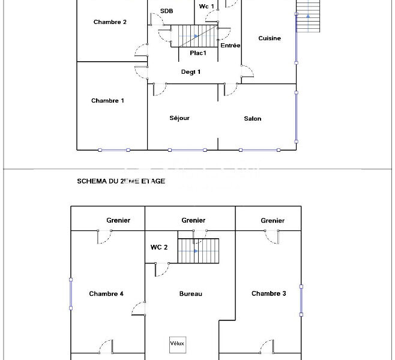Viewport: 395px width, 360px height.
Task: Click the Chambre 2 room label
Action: pyautogui.click(x=110, y=22)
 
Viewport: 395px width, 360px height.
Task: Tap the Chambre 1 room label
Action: pyautogui.click(x=107, y=101)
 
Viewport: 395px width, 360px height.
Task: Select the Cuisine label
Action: pyautogui.click(x=270, y=38)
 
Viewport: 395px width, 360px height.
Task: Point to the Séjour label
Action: pyautogui.click(x=179, y=118)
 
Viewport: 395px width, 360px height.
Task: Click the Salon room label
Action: pyautogui.click(x=252, y=119)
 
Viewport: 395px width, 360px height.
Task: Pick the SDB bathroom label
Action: pyautogui.click(x=166, y=11)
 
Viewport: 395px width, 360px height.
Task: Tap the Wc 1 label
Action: pyautogui.click(x=207, y=7)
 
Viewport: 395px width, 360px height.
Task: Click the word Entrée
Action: pyautogui.click(x=231, y=46)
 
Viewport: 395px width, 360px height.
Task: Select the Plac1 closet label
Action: pyautogui.click(x=198, y=53)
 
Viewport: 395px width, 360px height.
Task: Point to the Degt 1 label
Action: pyautogui.click(x=191, y=72)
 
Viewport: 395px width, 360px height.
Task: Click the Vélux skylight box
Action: pyautogui.click(x=178, y=344)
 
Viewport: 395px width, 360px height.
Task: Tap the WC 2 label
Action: pyautogui.click(x=159, y=247)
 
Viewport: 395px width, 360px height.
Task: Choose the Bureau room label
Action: pyautogui.click(x=191, y=294)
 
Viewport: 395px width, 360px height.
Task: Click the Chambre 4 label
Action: pyautogui.click(x=106, y=294)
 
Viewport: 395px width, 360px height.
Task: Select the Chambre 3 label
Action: pyautogui.click(x=269, y=293)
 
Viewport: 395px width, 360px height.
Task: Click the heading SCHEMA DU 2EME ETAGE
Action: pyautogui.click(x=121, y=181)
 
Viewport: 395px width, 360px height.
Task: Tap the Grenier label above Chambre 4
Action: pyautogui.click(x=118, y=221)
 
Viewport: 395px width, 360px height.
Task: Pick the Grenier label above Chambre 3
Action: pyautogui.click(x=273, y=221)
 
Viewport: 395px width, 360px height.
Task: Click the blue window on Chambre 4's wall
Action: pyautogui.click(x=71, y=294)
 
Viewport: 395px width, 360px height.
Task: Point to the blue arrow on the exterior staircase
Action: pyautogui.click(x=308, y=16)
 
